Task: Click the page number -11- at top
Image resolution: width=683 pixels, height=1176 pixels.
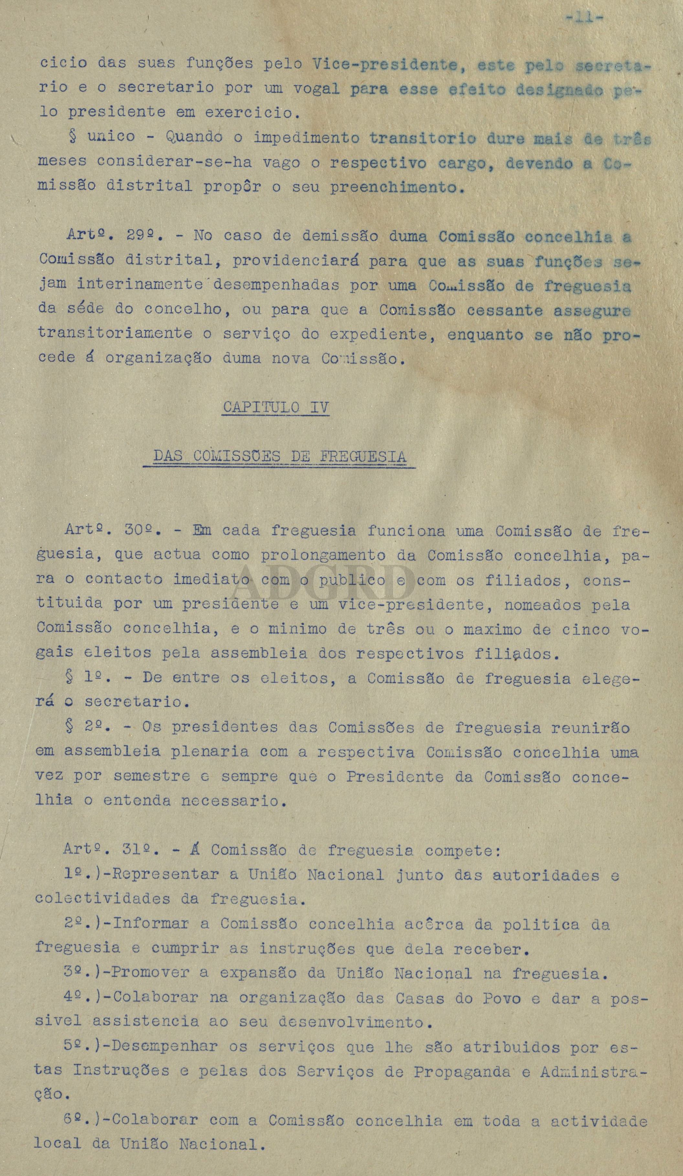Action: [584, 19]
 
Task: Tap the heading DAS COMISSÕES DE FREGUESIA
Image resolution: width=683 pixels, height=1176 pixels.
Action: [280, 457]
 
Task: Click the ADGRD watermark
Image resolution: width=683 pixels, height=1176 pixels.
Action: [327, 583]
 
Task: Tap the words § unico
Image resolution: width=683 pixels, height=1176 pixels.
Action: [101, 137]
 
